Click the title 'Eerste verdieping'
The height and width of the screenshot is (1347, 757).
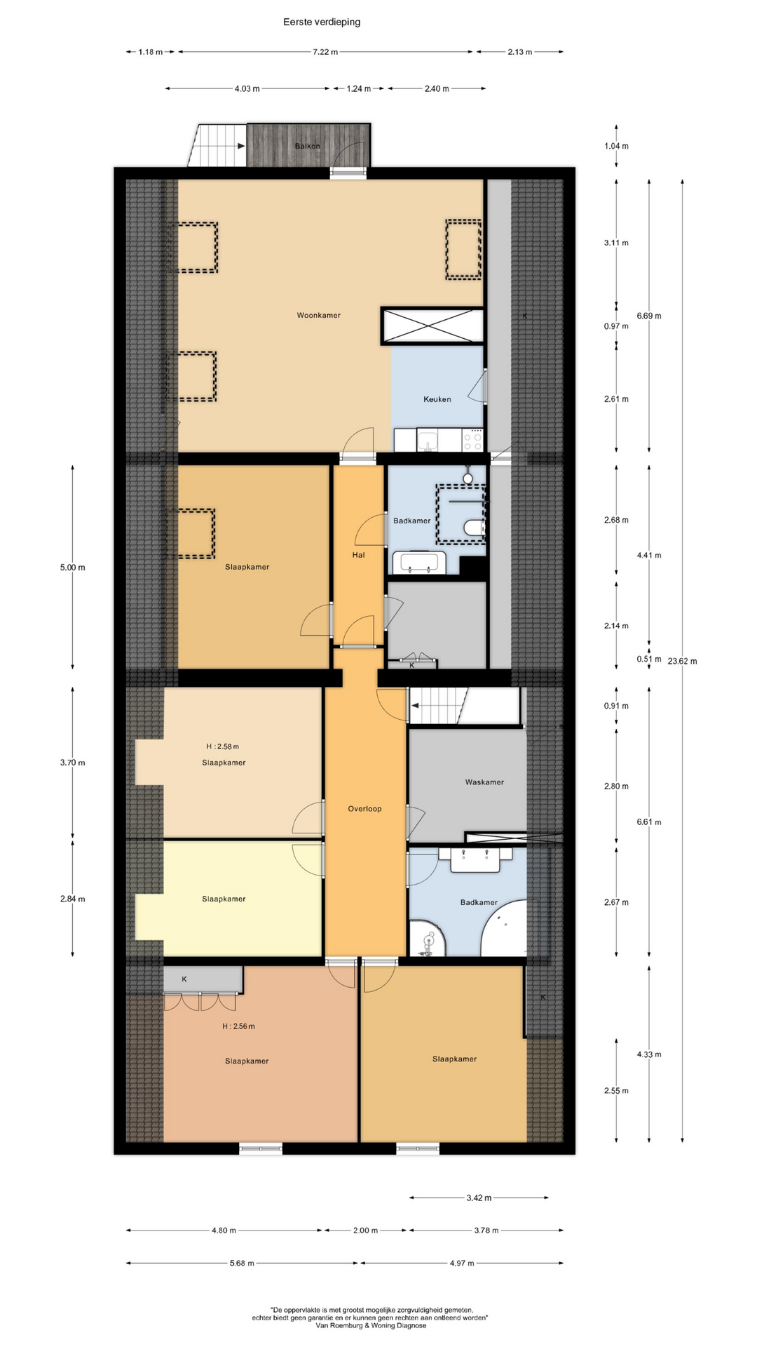click(x=322, y=22)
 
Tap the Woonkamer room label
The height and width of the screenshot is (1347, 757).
click(x=319, y=316)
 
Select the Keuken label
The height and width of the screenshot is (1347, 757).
click(x=437, y=399)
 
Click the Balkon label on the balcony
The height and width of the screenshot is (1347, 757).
click(x=307, y=147)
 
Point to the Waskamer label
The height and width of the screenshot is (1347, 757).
click(x=484, y=782)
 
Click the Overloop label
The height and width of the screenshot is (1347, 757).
click(x=365, y=809)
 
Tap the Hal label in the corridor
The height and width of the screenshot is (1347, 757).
click(x=359, y=555)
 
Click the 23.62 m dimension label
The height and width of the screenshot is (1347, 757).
click(x=683, y=661)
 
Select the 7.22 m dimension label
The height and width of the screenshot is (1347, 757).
click(x=325, y=52)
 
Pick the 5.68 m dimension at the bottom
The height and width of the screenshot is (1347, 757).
click(x=242, y=1264)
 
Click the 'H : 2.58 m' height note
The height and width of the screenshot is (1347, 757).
click(x=222, y=746)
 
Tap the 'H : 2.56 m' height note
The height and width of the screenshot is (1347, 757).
click(x=238, y=1026)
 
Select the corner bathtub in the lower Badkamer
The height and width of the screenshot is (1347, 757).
click(x=506, y=927)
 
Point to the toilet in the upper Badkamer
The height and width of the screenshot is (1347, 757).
click(x=475, y=528)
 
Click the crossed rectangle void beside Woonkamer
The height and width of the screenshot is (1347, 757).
click(x=432, y=326)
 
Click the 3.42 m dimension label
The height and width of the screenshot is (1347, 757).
click(x=479, y=1198)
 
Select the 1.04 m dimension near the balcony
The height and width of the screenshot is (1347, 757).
click(x=616, y=147)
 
